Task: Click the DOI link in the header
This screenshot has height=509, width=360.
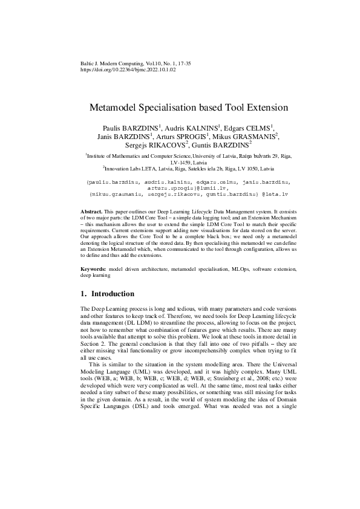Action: pyautogui.click(x=128, y=70)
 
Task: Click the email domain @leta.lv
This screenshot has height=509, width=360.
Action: pyautogui.click(x=274, y=194)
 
